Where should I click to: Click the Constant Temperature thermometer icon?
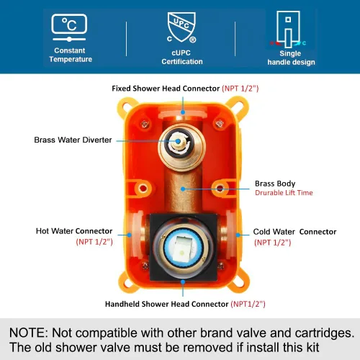[x=69, y=27]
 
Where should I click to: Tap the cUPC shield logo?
[x=181, y=27]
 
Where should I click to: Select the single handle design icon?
[x=288, y=30]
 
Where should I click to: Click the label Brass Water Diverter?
[x=73, y=140]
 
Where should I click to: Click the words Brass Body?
[x=275, y=184]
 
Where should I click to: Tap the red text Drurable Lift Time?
[x=284, y=193]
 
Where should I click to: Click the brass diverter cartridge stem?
[x=178, y=141]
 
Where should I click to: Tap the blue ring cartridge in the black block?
[x=183, y=248]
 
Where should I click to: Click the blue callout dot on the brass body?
[x=183, y=189]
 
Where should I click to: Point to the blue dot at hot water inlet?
[x=129, y=235]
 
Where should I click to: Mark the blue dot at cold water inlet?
[x=238, y=235]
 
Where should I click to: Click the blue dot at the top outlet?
[x=183, y=112]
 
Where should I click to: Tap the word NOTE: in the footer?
[x=29, y=333]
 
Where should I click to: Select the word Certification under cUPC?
[x=182, y=62]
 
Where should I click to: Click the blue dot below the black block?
[x=183, y=282]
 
